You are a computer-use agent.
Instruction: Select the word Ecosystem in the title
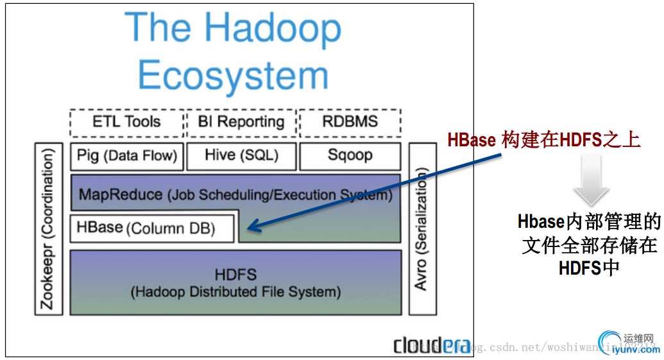234,76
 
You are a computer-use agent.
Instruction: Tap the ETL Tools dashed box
126,122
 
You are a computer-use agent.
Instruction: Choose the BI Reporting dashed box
241,122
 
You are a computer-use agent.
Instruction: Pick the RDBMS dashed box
350,122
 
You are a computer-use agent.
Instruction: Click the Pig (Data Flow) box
127,155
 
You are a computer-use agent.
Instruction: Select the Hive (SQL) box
241,155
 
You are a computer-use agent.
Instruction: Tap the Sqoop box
350,155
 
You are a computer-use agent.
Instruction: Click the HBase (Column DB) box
152,228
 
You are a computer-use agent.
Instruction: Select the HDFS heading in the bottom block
235,275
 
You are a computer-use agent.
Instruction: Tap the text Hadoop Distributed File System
235,292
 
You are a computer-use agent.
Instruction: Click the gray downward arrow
591,182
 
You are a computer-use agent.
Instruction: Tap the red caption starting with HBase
544,139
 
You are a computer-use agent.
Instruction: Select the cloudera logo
431,345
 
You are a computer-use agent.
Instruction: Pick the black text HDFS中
589,267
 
